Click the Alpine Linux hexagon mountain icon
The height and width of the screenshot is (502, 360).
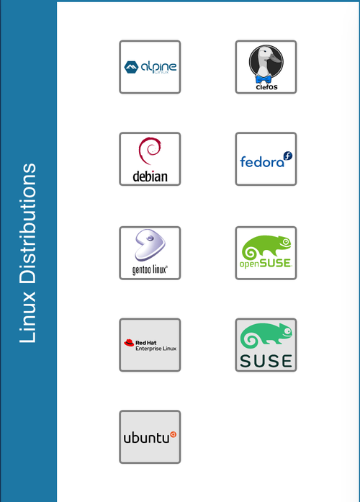click(x=131, y=67)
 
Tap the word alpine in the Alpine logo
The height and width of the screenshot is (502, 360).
click(x=158, y=66)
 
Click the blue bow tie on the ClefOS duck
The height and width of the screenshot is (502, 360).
click(x=263, y=79)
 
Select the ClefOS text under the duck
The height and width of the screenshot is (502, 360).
click(x=266, y=87)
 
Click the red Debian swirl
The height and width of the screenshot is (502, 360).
click(x=150, y=151)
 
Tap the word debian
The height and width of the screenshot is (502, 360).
click(x=150, y=176)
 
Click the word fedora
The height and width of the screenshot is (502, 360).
click(x=262, y=162)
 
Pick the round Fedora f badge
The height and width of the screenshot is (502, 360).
click(x=288, y=156)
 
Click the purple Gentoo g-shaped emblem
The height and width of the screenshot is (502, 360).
click(x=150, y=244)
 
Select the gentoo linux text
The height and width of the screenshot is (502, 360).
click(x=150, y=270)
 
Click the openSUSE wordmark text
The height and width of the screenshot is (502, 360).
click(x=266, y=264)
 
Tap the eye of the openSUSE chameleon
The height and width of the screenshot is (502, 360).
click(x=285, y=241)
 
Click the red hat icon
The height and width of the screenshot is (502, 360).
click(x=129, y=343)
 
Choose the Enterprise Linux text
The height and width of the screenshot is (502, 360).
click(x=156, y=349)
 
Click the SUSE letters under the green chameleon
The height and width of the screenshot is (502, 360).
click(x=266, y=361)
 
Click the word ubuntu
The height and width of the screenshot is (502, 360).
click(x=146, y=438)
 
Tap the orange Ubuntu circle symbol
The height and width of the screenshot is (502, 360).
click(x=173, y=434)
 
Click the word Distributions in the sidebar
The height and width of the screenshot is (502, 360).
click(x=27, y=224)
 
